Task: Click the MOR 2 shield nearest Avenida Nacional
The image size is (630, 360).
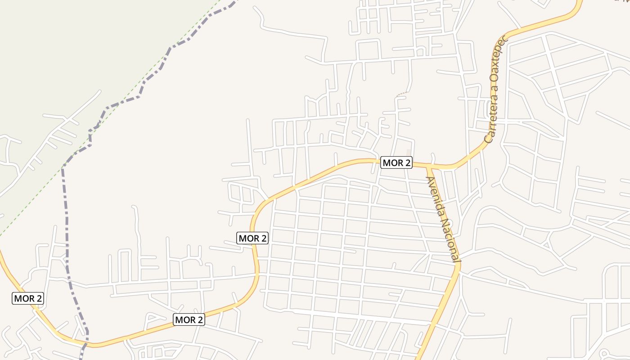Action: pos(396,162)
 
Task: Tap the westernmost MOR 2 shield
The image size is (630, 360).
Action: pos(28,298)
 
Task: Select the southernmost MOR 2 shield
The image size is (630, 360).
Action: pos(189,320)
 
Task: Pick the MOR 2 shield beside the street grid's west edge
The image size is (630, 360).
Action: pos(252,238)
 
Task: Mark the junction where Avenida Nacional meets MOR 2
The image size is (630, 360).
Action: pos(428,167)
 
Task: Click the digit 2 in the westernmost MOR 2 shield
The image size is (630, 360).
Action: pos(39,298)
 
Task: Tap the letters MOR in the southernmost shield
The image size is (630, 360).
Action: pos(183,320)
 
